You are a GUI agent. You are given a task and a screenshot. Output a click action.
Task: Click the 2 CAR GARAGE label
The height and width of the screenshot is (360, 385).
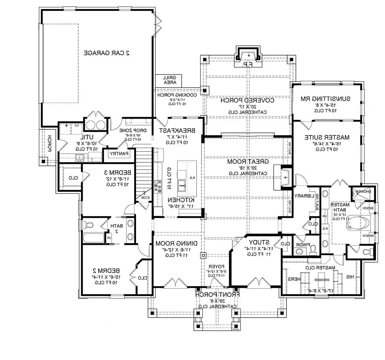coord(107,53)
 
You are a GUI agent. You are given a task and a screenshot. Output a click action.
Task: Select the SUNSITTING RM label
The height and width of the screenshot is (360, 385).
coord(325,99)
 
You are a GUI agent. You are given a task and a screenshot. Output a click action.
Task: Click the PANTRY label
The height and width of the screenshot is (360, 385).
coord(119,154)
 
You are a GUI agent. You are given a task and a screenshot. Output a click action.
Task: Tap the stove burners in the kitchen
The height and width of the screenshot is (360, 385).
coord(158,187)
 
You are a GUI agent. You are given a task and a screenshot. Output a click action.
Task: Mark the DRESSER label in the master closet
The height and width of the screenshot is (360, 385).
coord(322,279)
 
